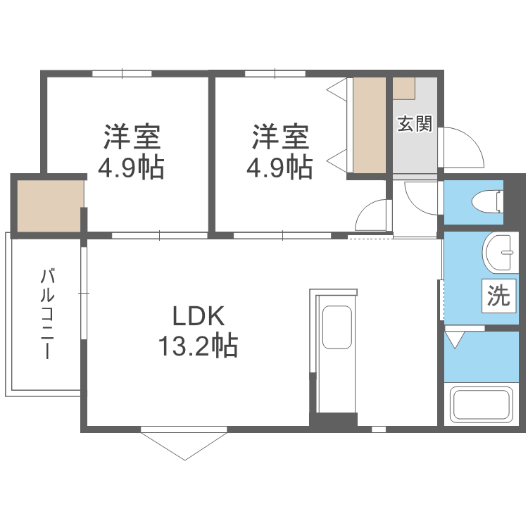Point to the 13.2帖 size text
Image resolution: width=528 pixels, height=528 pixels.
(196, 346)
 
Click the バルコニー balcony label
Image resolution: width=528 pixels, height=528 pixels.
(47, 313)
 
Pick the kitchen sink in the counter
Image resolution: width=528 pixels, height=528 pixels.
(337, 327)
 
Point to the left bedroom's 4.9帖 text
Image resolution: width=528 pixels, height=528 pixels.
(132, 168)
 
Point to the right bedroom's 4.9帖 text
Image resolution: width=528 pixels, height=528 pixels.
(280, 168)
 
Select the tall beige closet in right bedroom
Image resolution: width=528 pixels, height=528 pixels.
(370, 125)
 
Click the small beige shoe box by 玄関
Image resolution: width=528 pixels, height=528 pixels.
(404, 88)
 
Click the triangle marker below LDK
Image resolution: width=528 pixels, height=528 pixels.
(184, 444)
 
